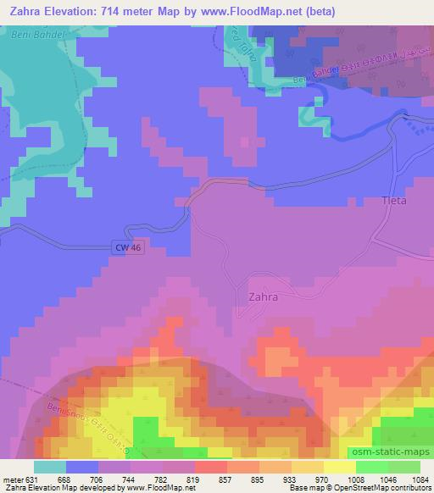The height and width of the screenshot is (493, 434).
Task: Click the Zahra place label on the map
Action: [x=264, y=297]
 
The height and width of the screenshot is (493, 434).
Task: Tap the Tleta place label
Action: [x=395, y=202]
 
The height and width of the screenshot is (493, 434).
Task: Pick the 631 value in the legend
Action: [x=32, y=479]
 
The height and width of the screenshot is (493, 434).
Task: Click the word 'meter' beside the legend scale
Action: [x=13, y=479]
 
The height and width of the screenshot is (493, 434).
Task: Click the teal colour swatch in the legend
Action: [x=50, y=467]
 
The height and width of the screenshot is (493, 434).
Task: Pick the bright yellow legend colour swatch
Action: [x=340, y=467]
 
